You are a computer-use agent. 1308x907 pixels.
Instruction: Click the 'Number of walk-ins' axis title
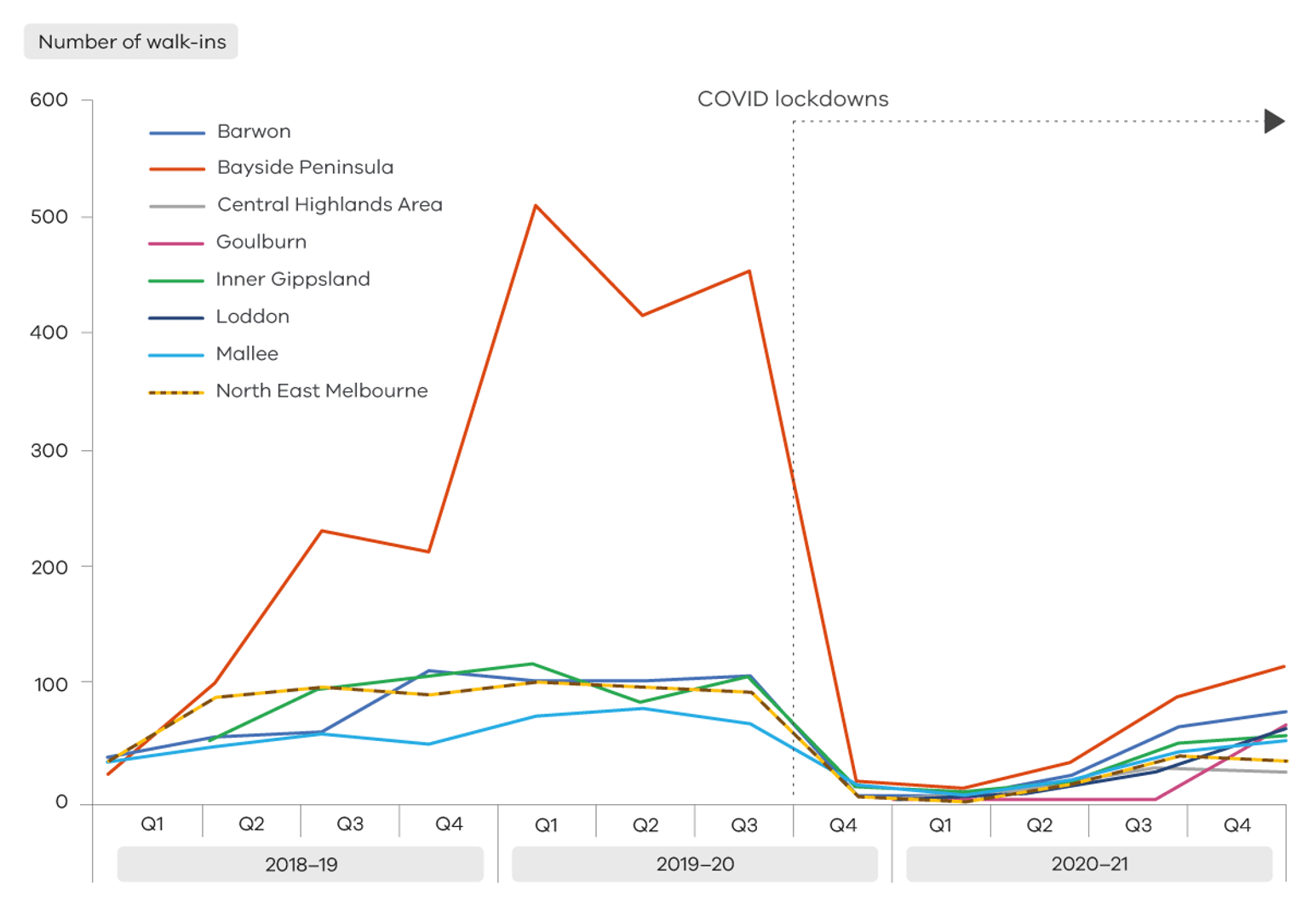(x=131, y=42)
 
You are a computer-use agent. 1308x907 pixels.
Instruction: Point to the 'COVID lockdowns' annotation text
(x=792, y=100)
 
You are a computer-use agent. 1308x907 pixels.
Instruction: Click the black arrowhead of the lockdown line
(x=1274, y=121)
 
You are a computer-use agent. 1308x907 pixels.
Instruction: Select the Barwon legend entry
(x=253, y=132)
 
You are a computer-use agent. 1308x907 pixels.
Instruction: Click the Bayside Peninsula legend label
(x=305, y=168)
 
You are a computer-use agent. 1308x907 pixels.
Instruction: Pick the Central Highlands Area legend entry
(x=330, y=205)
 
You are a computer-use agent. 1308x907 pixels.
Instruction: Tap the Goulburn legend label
(x=261, y=242)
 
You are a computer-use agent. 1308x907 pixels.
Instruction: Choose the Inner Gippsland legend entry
(x=292, y=280)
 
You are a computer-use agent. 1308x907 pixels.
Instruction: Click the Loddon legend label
(x=252, y=317)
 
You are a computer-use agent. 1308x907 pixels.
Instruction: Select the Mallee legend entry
(x=246, y=354)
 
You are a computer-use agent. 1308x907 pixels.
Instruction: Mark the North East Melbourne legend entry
(x=321, y=391)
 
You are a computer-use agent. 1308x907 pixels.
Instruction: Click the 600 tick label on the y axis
(x=49, y=100)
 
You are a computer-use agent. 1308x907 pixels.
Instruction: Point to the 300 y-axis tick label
(x=49, y=451)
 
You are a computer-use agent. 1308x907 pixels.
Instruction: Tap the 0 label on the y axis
(x=61, y=802)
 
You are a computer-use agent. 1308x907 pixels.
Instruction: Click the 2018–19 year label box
(x=301, y=864)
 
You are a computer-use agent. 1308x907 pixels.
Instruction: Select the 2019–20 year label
(x=695, y=864)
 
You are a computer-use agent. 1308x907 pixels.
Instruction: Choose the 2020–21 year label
(x=1089, y=864)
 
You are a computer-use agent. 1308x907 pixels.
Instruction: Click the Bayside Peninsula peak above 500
(x=536, y=206)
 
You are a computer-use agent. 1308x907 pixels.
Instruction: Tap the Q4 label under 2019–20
(x=842, y=825)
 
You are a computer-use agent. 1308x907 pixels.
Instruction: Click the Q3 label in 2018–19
(x=350, y=824)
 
